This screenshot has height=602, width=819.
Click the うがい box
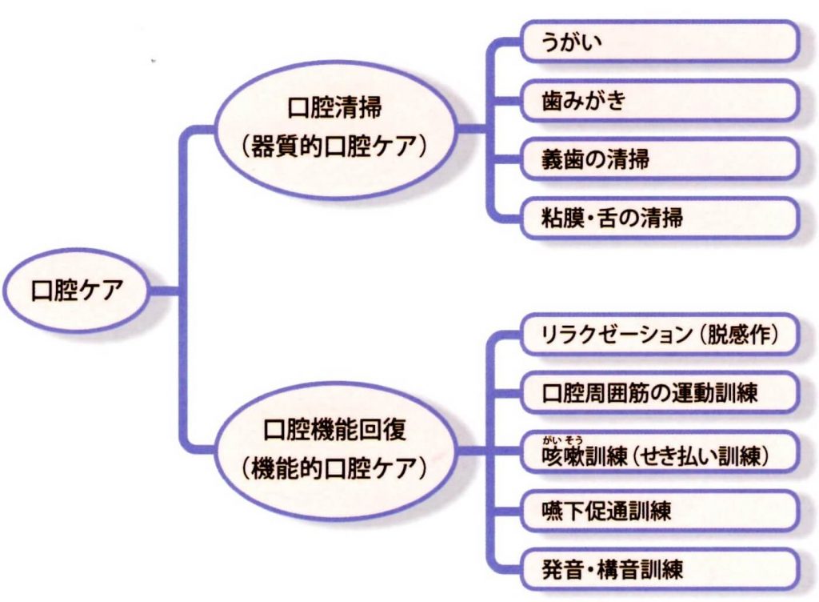pos(659,42)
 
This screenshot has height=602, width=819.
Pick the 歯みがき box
pos(659,101)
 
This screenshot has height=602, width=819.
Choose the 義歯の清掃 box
pos(659,159)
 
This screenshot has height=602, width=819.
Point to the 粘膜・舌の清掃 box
pos(659,218)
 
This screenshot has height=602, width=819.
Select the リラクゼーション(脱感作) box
pos(659,335)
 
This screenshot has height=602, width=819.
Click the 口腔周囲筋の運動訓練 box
pos(659,394)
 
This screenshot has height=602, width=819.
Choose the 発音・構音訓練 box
pos(659,570)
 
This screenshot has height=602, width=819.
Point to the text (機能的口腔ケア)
pos(334,468)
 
